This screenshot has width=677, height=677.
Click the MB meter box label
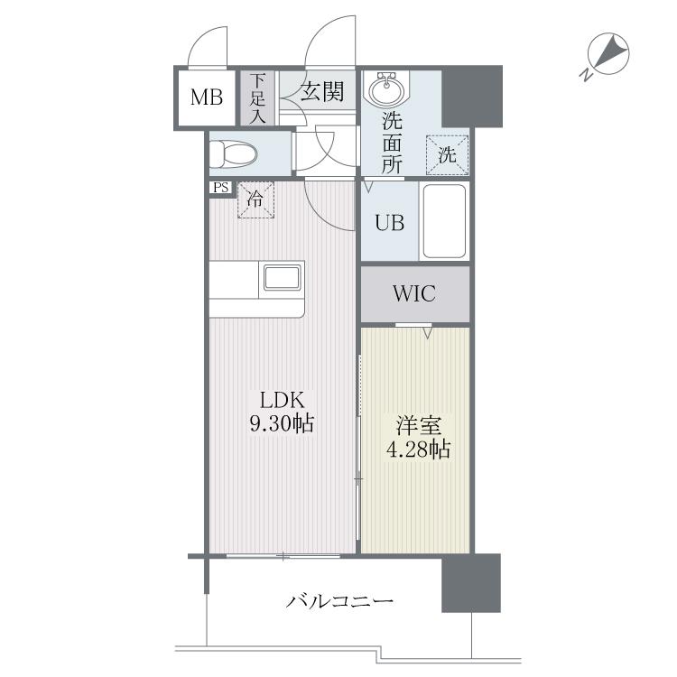207,97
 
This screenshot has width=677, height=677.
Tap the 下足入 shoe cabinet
257,98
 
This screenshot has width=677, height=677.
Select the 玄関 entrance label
322,92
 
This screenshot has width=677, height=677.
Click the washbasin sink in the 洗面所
386,88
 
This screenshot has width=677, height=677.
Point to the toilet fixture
233,154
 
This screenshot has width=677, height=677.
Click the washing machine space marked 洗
448,155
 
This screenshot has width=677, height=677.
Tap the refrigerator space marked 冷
255,199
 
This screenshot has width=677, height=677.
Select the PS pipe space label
220,188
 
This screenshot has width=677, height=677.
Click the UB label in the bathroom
389,223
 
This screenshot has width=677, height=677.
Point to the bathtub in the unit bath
444,221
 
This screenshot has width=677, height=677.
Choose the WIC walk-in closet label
414,293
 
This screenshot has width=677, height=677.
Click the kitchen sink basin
282,278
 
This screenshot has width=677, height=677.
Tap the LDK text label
282,400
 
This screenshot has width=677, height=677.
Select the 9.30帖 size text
282,423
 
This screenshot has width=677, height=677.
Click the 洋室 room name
418,426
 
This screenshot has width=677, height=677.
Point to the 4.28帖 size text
418,449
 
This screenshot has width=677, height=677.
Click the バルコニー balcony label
339,601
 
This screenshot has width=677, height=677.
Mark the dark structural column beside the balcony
471,583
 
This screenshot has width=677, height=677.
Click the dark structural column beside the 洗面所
472,97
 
